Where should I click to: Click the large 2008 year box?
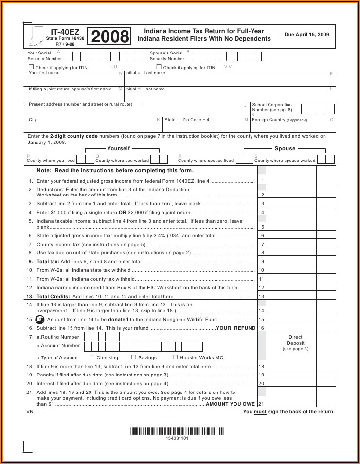coord(110,36)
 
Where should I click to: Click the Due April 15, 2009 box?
coord(306,35)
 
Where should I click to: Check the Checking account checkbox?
coord(92,357)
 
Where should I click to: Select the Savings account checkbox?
coord(134,357)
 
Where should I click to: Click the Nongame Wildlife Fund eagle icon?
coord(40,320)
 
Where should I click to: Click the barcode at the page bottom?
coord(177,430)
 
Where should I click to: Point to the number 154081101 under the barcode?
coord(177,438)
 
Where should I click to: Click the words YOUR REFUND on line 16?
coord(235,328)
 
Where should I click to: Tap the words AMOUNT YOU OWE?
coord(230,404)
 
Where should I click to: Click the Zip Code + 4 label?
coord(196,120)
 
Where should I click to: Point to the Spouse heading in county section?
coord(285,148)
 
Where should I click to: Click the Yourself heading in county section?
coord(119,148)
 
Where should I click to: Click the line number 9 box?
coord(262,262)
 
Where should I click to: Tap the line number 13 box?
coord(262,297)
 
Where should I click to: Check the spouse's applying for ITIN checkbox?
coord(159,67)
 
